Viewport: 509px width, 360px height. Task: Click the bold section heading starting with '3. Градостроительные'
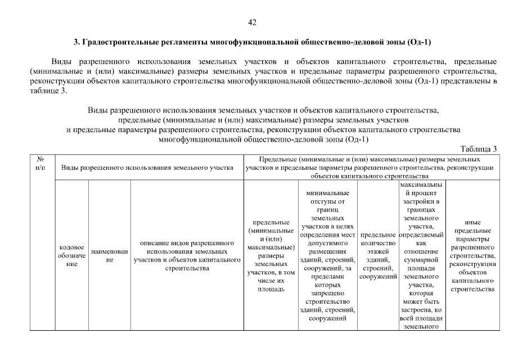[x=253, y=42]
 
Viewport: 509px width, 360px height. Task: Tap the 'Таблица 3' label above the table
[x=479, y=149]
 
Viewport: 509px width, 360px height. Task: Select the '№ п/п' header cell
[x=40, y=163]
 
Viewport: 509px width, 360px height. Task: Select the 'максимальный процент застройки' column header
[x=421, y=255]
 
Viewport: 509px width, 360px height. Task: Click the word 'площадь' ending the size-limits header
[x=271, y=289]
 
